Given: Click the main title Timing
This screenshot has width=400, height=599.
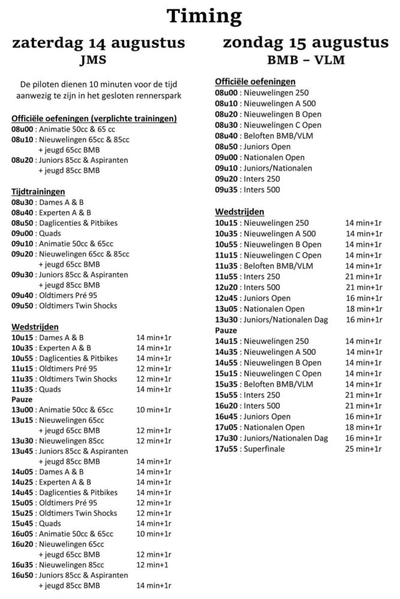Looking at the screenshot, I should click(x=204, y=16).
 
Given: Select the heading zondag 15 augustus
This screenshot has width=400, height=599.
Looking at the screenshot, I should click(x=305, y=43).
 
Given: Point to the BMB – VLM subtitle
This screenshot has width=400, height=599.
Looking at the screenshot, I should click(x=305, y=60).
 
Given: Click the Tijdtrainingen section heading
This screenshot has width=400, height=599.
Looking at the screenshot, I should click(x=38, y=192).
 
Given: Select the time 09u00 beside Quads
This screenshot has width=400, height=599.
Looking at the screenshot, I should click(x=22, y=233).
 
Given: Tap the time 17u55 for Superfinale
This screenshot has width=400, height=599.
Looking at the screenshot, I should click(x=227, y=449).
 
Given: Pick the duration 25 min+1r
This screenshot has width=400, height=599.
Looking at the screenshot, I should click(x=363, y=449).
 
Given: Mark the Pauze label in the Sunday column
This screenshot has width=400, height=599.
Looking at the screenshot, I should click(x=226, y=330).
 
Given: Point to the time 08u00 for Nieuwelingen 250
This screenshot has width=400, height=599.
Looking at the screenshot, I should click(x=227, y=93).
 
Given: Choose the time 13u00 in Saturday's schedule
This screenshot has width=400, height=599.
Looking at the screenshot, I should click(x=22, y=410).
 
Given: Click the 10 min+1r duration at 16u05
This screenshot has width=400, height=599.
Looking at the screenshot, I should click(x=154, y=534).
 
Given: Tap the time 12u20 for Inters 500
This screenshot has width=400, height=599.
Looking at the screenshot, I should click(x=227, y=287).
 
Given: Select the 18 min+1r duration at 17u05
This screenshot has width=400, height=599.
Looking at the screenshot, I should click(x=363, y=427).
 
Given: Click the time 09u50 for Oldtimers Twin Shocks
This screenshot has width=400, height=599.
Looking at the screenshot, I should click(x=22, y=305).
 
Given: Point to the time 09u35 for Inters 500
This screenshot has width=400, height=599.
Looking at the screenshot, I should click(x=227, y=190).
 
